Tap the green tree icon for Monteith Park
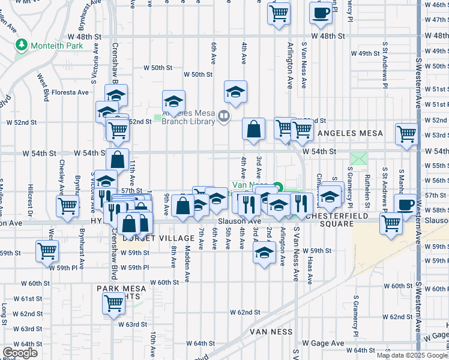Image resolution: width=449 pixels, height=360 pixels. (x=22, y=44)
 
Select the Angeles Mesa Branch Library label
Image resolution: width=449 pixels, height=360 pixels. (x=188, y=117)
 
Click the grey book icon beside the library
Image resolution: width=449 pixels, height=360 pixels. (x=223, y=115)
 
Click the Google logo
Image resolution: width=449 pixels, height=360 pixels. (x=20, y=353)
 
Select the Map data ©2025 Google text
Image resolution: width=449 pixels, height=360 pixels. (x=412, y=355)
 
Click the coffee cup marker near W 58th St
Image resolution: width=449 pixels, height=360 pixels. (x=405, y=204)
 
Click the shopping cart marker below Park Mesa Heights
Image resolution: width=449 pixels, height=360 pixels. (x=113, y=303)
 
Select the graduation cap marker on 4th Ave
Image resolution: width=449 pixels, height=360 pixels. (x=236, y=91)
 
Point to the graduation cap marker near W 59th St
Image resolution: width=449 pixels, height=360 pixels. (x=264, y=252)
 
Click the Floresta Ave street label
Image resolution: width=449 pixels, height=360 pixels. (x=70, y=92)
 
